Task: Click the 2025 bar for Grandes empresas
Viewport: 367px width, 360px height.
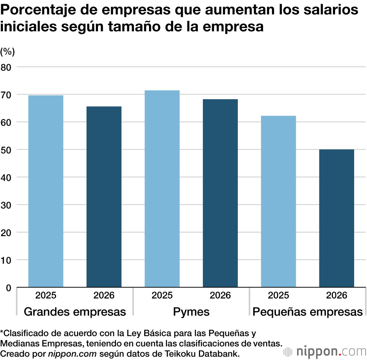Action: pos(46,191)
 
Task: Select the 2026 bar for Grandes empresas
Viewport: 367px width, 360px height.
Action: pos(104,197)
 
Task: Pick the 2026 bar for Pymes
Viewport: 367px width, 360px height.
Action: pos(220,193)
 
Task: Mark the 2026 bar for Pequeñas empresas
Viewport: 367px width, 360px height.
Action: pos(337,218)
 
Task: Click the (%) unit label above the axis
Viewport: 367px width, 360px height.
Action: pos(7,52)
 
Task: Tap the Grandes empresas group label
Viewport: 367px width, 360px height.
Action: pos(75,312)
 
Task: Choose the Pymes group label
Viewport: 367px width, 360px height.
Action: pos(191,312)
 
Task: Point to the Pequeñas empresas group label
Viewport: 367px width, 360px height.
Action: pos(308,312)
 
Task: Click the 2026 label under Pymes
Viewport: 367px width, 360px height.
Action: pos(220,295)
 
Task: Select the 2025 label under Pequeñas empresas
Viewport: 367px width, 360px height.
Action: pos(279,295)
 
